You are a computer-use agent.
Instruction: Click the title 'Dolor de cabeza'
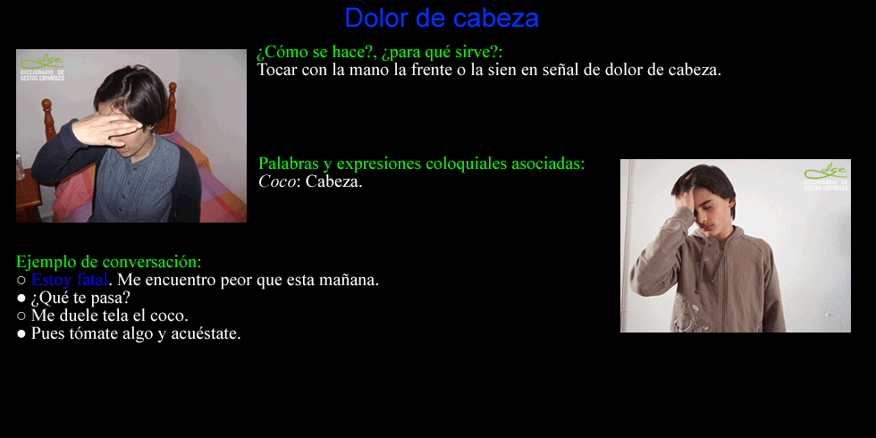tap(442, 18)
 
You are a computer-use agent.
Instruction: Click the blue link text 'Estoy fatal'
tap(70, 279)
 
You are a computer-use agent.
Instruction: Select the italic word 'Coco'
tap(276, 181)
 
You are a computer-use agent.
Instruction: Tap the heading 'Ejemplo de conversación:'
tap(109, 261)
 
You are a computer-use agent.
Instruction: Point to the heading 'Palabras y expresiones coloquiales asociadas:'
tap(422, 164)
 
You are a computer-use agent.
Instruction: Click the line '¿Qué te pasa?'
tap(80, 298)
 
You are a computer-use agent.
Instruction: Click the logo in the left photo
tap(43, 68)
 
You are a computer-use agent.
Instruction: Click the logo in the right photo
tap(826, 178)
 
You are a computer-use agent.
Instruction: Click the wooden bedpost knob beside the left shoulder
tap(46, 105)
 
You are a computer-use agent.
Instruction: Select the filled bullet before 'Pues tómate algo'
tap(21, 334)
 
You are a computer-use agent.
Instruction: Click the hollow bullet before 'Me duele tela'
tap(21, 316)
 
